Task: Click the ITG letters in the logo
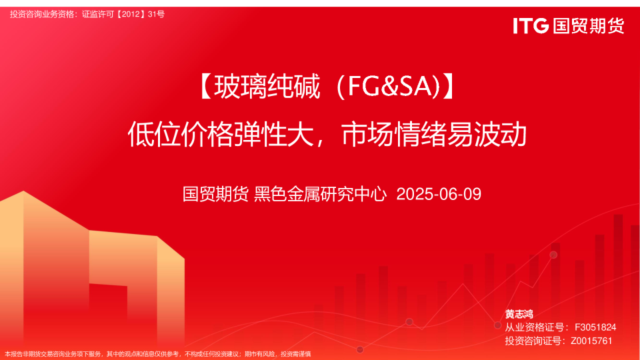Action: point(531,26)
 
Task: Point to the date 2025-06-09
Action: point(438,194)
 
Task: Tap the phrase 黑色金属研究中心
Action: point(321,194)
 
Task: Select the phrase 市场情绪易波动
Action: point(434,135)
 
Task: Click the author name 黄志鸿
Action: point(519,314)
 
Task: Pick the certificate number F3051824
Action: point(595,327)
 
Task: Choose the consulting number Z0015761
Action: point(591,341)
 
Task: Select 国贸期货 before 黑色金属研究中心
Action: point(216,194)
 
